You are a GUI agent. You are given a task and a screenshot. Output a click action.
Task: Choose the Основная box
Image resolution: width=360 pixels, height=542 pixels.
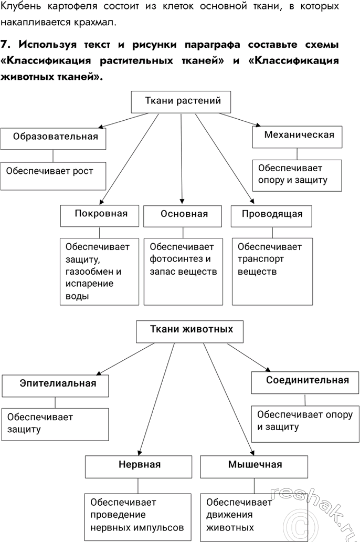[x=184, y=215]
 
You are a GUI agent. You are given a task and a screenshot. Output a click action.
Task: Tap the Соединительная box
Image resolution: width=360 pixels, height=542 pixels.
[x=306, y=381]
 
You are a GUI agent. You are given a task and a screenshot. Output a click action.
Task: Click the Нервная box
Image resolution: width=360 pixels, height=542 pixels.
[x=139, y=465]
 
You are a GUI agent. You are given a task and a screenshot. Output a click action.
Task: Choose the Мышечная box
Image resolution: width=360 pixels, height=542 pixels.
[x=255, y=465]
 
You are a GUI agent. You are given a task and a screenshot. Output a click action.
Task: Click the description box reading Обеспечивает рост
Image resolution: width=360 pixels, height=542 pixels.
[x=54, y=175]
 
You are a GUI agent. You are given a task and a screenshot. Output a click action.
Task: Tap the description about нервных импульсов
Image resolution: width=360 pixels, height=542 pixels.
[x=137, y=514]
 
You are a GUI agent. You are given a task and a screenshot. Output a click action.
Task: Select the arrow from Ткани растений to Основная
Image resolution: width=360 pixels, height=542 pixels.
[x=182, y=158]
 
